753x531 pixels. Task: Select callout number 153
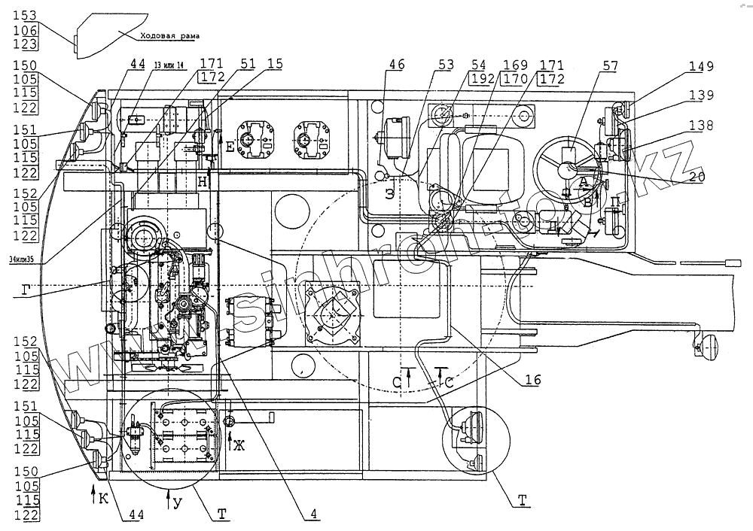point(26,16)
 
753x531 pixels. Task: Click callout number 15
point(275,65)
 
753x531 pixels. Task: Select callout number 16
point(532,381)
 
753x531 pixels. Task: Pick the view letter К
point(103,497)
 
